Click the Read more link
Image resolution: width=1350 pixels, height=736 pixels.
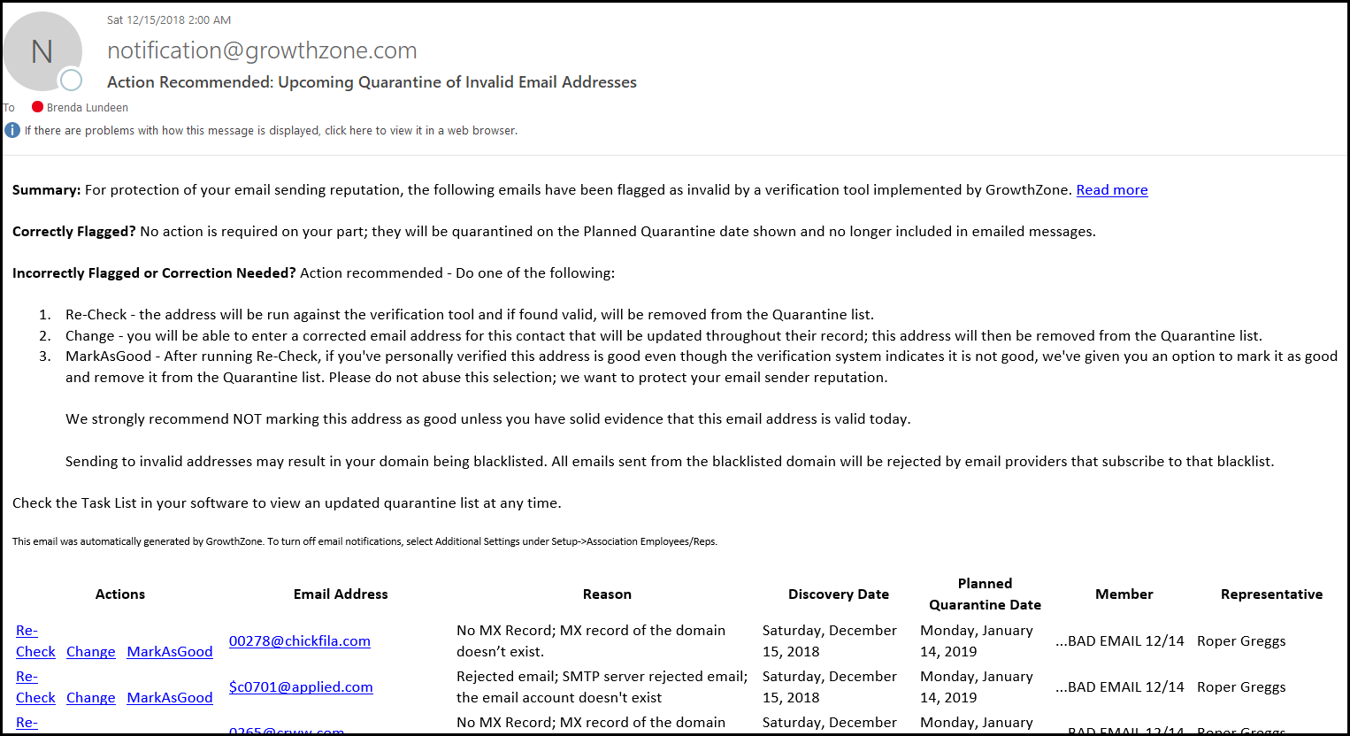(x=1111, y=190)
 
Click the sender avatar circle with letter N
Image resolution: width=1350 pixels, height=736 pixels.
(x=42, y=52)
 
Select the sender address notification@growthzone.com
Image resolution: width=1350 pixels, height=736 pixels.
(x=262, y=51)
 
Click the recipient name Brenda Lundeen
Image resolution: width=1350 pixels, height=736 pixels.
(x=87, y=108)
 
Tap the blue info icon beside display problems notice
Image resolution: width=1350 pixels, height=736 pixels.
(x=12, y=131)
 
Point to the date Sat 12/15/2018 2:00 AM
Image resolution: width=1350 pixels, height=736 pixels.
(x=169, y=19)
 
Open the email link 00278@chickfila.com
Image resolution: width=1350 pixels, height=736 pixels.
(x=299, y=641)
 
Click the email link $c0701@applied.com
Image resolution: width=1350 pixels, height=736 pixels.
(x=301, y=687)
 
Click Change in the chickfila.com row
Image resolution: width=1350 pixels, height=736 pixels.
(x=90, y=652)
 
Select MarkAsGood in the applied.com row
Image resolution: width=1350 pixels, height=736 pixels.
(x=170, y=698)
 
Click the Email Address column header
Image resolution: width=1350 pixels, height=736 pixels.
(x=341, y=594)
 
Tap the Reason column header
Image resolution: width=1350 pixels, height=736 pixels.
(x=607, y=594)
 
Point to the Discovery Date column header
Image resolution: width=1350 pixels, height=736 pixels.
(x=838, y=594)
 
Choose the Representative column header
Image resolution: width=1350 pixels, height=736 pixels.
(x=1271, y=594)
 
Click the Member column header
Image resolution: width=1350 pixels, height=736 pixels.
(x=1124, y=594)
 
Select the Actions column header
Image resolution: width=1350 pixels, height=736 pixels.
(x=120, y=594)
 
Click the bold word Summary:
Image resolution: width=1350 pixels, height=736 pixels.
(x=46, y=190)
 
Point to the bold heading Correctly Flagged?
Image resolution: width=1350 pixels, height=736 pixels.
(x=73, y=232)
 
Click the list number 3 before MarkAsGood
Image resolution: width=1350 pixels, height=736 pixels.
(x=44, y=356)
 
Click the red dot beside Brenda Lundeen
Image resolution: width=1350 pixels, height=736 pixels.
(x=37, y=107)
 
